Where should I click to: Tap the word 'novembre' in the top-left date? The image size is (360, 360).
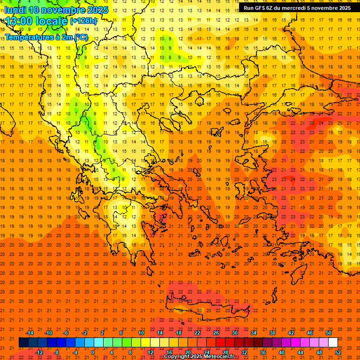pyautogui.click(x=61, y=9)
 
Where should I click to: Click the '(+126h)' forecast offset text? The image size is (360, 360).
pyautogui.click(x=83, y=21)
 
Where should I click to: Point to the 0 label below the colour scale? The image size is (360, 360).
pyautogui.click(x=93, y=352)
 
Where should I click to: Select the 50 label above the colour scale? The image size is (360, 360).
pyautogui.click(x=328, y=333)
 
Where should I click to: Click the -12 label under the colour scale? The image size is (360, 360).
pyautogui.click(x=39, y=352)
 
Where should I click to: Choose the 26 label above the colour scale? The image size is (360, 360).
pyautogui.click(x=216, y=333)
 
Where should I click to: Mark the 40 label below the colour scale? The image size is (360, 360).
pyautogui.click(x=282, y=352)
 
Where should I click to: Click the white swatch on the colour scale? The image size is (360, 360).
pyautogui.click(x=333, y=343)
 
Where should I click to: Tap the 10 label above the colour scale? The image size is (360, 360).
pyautogui.click(x=141, y=333)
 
